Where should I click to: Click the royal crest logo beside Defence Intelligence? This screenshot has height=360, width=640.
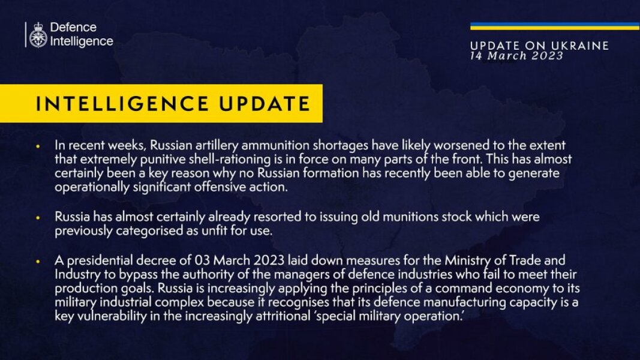tap(38, 35)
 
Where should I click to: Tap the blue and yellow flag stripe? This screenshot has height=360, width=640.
tap(554, 26)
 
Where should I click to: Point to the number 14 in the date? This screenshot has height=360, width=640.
tap(477, 56)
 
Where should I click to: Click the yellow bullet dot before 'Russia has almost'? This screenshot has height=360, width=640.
tap(38, 217)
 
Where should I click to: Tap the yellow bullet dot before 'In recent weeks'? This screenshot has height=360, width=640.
tap(38, 146)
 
